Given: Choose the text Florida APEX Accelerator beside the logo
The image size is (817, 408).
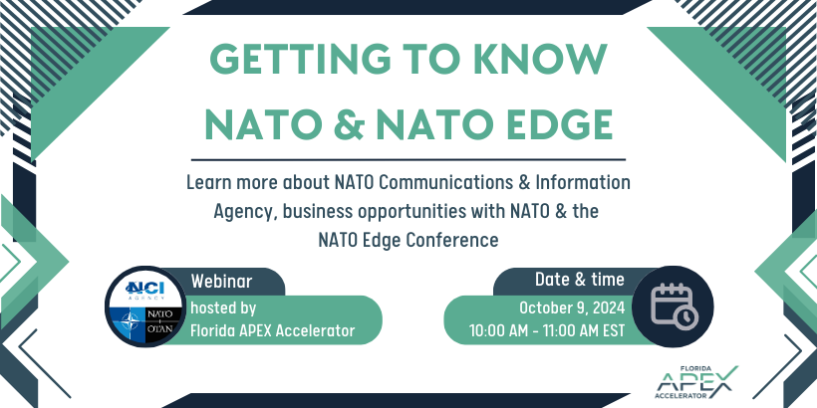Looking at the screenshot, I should [272, 330].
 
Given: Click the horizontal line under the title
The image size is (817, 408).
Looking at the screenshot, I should [408, 159].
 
